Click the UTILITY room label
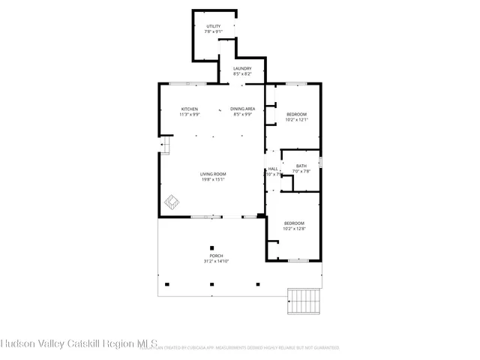point(214,26)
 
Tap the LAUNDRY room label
point(241,68)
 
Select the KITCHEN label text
point(189,109)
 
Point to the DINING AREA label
point(241,109)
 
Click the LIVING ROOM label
point(213,174)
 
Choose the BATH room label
point(301,166)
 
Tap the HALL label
point(273,169)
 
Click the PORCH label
point(216,256)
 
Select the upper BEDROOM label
point(297,114)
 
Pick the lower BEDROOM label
point(294,223)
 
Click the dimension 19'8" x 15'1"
point(213,179)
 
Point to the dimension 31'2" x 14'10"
point(216,261)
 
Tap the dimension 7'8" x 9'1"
point(214,31)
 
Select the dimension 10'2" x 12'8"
point(294,228)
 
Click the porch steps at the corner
point(304,301)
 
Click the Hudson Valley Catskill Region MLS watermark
point(79,345)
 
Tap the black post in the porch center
point(212,248)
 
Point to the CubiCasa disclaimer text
point(247,348)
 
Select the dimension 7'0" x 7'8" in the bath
point(301,171)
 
